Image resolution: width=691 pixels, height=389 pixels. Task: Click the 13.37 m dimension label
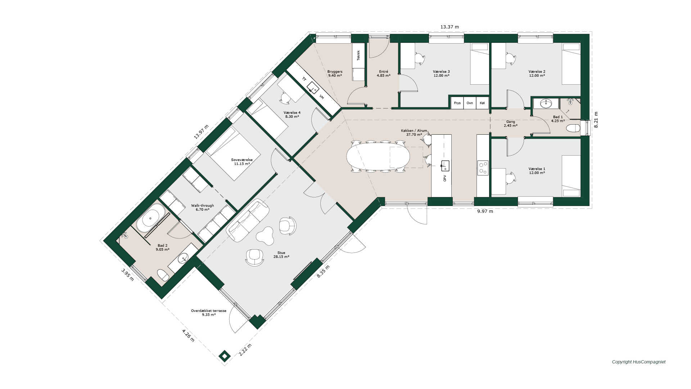pyautogui.click(x=450, y=27)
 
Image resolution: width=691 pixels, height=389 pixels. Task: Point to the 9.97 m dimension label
pyautogui.click(x=485, y=211)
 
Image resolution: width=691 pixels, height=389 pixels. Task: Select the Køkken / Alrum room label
pyautogui.click(x=414, y=133)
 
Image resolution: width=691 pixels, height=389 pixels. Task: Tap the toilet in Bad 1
pyautogui.click(x=573, y=128)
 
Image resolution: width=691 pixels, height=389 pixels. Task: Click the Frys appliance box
pyautogui.click(x=457, y=103)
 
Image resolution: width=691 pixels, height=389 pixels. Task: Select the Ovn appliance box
pyautogui.click(x=470, y=103)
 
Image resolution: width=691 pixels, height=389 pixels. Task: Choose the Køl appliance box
pyautogui.click(x=482, y=103)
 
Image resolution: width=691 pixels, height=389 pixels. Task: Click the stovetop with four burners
pyautogui.click(x=483, y=168)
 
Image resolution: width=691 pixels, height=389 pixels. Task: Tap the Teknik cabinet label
pyautogui.click(x=358, y=55)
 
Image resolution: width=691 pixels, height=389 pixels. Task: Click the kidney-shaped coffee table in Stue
pyautogui.click(x=265, y=236)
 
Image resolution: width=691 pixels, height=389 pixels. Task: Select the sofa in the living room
pyautogui.click(x=248, y=220)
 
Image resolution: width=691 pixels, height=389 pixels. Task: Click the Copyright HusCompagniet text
pyautogui.click(x=639, y=362)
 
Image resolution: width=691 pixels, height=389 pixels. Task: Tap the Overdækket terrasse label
pyautogui.click(x=209, y=313)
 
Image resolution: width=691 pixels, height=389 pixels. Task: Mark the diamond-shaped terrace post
pyautogui.click(x=225, y=356)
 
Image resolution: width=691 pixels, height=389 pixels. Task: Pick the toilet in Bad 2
pyautogui.click(x=163, y=275)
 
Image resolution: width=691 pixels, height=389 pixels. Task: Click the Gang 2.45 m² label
pyautogui.click(x=511, y=124)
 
